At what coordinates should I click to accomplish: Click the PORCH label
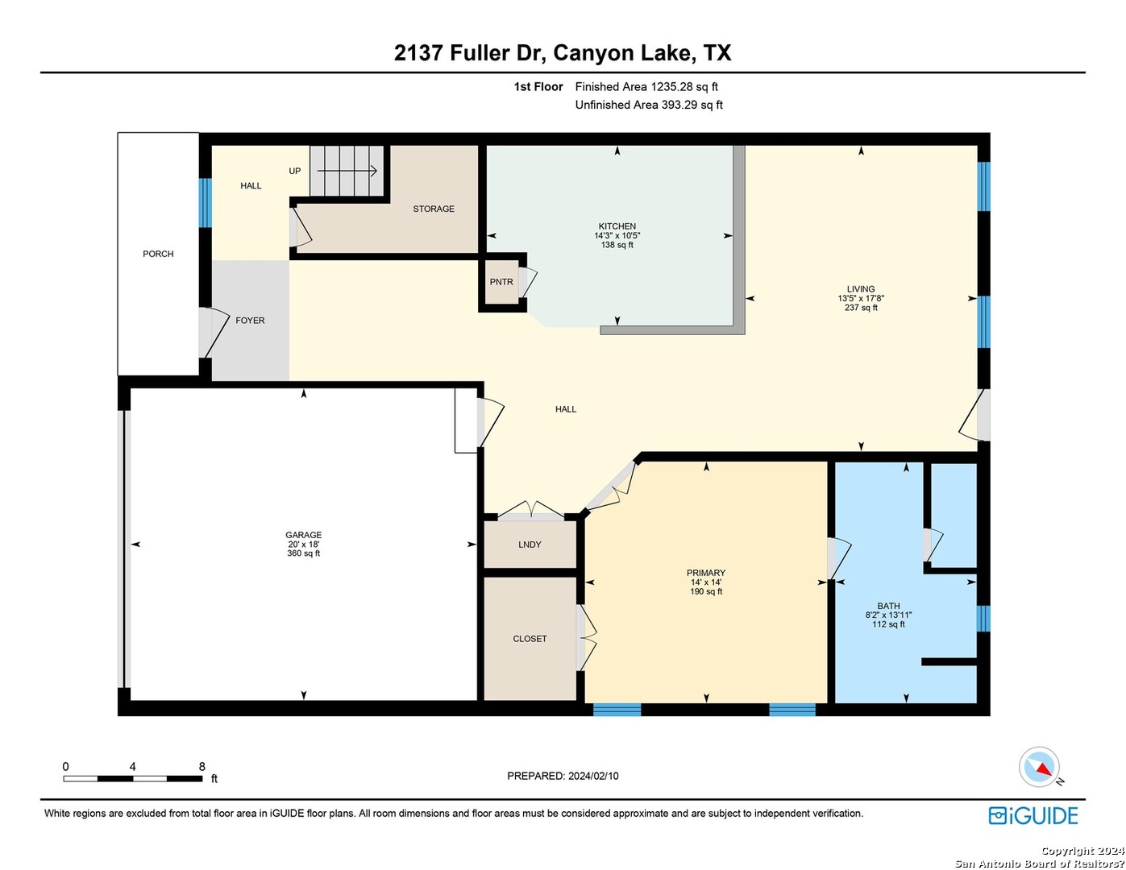tap(158, 254)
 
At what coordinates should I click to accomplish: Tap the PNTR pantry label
tap(501, 282)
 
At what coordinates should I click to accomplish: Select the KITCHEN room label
tap(617, 226)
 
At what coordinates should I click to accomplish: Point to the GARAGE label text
tap(304, 535)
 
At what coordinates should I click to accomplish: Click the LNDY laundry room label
tap(530, 545)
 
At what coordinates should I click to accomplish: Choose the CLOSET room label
tap(530, 639)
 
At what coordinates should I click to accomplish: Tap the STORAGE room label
tap(434, 209)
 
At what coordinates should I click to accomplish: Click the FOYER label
tap(251, 321)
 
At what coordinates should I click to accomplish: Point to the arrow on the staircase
tap(347, 171)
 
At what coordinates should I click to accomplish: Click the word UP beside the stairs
tap(294, 171)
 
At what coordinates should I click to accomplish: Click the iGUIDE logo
tap(1033, 815)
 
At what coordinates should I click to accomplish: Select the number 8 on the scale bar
tap(202, 766)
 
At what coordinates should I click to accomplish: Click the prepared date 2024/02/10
tap(593, 776)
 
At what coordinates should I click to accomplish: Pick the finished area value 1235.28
tap(671, 87)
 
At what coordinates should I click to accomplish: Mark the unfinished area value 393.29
tap(679, 105)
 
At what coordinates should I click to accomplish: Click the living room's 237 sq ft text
tap(861, 308)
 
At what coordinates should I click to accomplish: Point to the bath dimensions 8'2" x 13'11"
tap(888, 615)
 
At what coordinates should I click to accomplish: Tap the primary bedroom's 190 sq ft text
tap(706, 591)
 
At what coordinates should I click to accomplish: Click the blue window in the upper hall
tap(206, 203)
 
